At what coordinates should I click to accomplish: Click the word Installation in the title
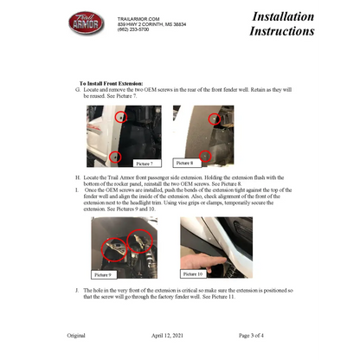(283, 16)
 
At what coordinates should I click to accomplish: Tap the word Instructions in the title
(281, 31)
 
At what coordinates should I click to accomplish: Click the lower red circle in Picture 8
(205, 155)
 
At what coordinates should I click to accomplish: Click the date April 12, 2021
(180, 334)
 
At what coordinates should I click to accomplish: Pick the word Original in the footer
(76, 334)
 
